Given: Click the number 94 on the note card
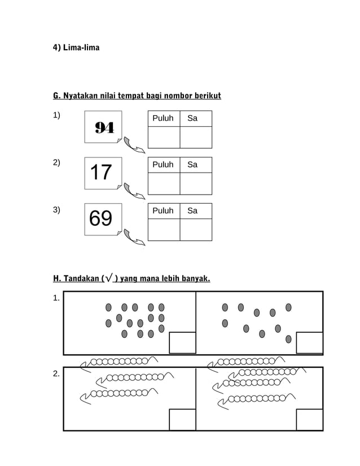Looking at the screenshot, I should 104,128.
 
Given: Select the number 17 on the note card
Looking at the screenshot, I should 101,172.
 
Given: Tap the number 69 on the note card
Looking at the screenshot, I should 101,218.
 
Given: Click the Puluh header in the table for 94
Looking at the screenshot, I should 163,118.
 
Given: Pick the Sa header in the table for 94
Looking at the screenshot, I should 192,118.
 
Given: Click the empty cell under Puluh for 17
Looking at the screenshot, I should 164,183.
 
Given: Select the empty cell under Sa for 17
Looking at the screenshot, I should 196,183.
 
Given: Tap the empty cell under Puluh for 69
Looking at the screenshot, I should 164,230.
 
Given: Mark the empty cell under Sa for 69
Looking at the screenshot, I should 196,230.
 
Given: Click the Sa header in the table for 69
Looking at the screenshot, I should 192,211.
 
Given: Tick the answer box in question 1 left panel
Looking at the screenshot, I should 182,343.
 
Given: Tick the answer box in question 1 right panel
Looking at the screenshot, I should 309,343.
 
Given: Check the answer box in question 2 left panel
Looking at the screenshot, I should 182,420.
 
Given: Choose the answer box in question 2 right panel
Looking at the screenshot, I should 309,420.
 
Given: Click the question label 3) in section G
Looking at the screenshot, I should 56,210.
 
